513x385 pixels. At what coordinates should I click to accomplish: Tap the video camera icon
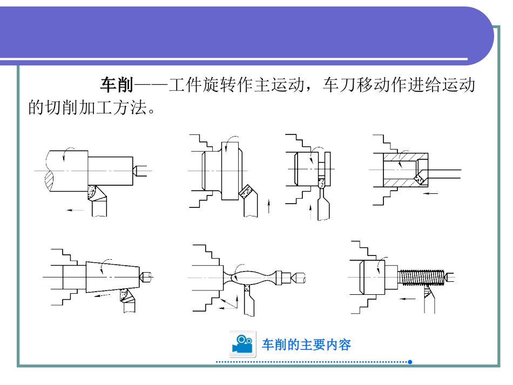pyautogui.click(x=242, y=344)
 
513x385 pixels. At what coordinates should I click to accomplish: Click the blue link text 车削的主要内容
pyautogui.click(x=306, y=345)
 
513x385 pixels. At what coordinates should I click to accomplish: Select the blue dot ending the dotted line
pyautogui.click(x=410, y=362)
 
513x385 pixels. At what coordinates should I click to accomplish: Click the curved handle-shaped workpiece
pyautogui.click(x=252, y=276)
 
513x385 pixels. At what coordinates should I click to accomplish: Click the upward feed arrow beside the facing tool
pyautogui.click(x=269, y=206)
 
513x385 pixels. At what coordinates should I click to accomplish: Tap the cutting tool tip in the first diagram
pyautogui.click(x=94, y=190)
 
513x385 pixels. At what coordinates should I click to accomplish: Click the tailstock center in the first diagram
pyautogui.click(x=138, y=170)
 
